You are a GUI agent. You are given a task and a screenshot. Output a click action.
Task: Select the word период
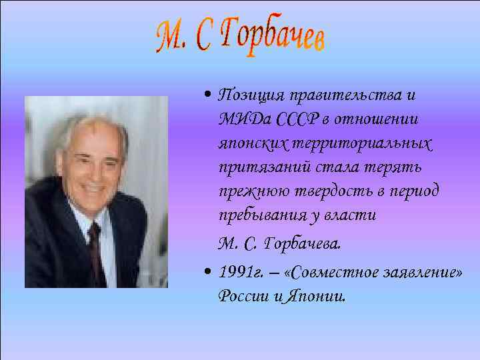click(x=415, y=192)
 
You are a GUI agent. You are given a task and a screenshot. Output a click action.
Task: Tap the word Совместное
click(x=333, y=273)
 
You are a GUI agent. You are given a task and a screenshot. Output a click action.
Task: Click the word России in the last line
click(x=243, y=297)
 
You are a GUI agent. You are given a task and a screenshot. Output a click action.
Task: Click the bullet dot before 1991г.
click(x=209, y=273)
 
